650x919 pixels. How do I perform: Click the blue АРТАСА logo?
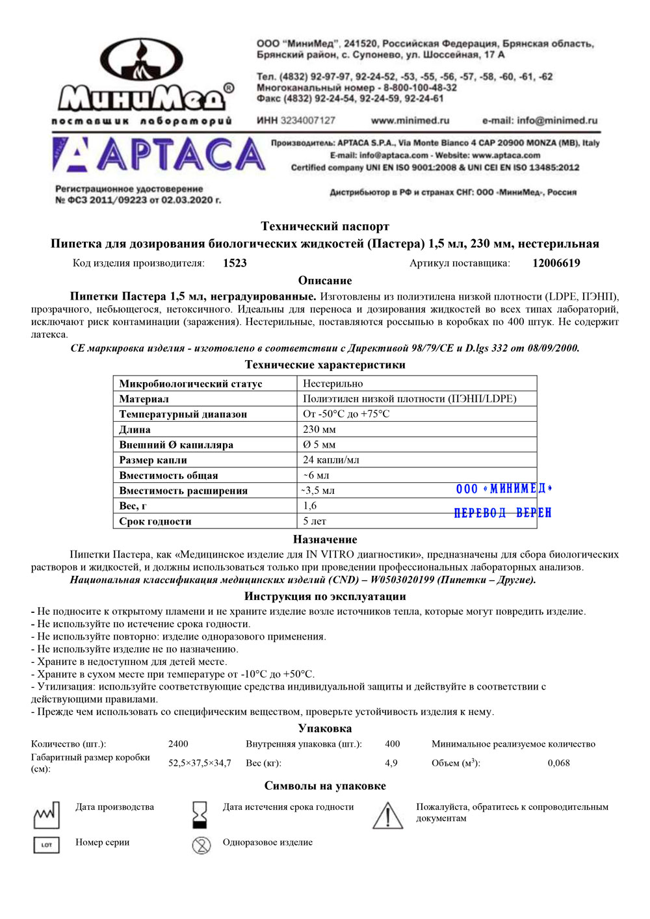[x=159, y=155]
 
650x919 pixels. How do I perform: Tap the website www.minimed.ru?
[x=409, y=120]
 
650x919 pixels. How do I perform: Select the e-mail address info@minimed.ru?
[x=539, y=120]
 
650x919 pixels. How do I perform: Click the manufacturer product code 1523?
[x=235, y=263]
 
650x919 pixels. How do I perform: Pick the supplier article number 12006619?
[x=556, y=263]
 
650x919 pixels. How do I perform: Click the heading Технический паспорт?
[x=325, y=226]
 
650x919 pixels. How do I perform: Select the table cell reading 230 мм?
[x=319, y=429]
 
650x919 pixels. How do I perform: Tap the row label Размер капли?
[x=153, y=460]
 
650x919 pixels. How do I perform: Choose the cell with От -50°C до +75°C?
[x=346, y=414]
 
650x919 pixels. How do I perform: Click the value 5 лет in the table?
[x=315, y=521]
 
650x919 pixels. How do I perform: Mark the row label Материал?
[x=144, y=399]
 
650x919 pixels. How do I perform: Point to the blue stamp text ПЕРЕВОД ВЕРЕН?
[x=502, y=513]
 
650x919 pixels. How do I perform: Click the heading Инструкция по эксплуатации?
[x=325, y=596]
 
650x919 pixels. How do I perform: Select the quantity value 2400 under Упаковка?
[x=178, y=744]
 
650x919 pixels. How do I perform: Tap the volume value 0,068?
[x=558, y=763]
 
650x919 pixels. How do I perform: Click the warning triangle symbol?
[x=387, y=815]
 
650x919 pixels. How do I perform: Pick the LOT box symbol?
[x=46, y=845]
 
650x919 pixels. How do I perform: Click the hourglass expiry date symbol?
[x=200, y=814]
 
